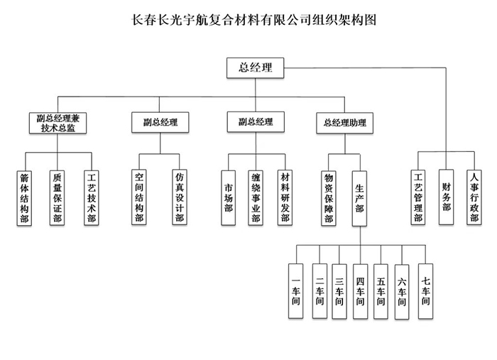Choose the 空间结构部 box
(139, 197)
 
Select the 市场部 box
(228, 197)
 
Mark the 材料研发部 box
(285, 197)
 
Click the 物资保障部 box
(329, 197)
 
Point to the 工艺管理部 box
(418, 197)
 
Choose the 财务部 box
(446, 197)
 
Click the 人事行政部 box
(474, 197)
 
